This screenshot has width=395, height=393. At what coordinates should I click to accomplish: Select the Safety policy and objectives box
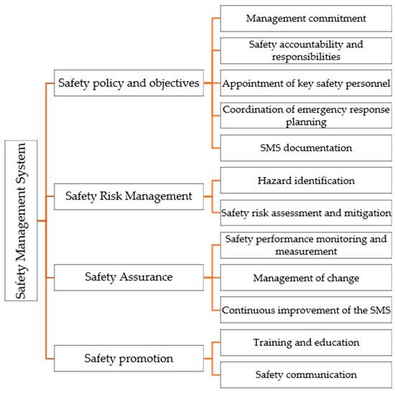tap(129, 82)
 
